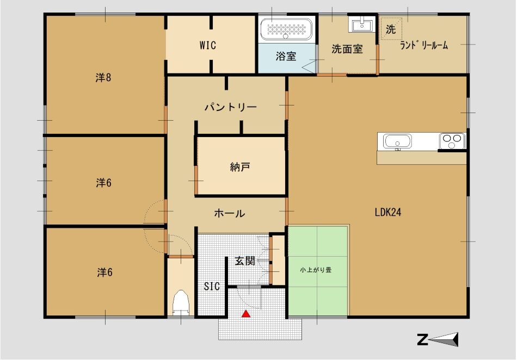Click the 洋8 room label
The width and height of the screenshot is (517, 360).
click(103, 78)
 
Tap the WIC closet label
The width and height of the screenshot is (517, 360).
click(207, 46)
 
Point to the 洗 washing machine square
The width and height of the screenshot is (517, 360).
click(391, 29)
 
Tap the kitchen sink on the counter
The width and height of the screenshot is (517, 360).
click(398, 141)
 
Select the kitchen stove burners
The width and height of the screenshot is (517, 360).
click(452, 141)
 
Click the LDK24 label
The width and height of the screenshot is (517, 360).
click(388, 213)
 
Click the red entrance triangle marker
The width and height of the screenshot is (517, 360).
click(246, 313)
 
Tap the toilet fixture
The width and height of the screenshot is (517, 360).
click(180, 302)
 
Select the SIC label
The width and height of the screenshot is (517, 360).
click(212, 287)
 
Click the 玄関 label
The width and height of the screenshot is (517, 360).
click(245, 261)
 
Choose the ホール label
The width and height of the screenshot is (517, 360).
click(229, 214)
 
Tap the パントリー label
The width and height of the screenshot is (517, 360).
click(230, 107)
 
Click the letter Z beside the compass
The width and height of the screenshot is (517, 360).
click(422, 340)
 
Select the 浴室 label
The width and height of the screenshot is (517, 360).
click(286, 55)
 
